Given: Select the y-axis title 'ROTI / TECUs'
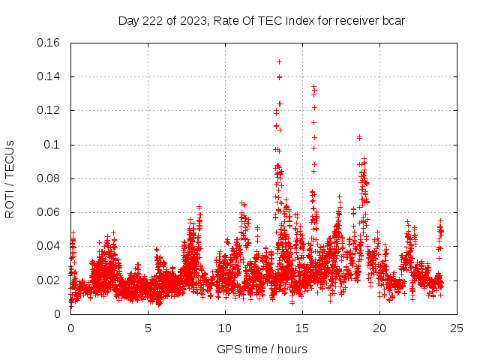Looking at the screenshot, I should pos(10,178).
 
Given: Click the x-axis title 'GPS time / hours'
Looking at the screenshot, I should pos(262,349).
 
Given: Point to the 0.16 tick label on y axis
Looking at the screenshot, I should pos(49,43).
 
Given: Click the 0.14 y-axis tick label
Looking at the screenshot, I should pos(49,76).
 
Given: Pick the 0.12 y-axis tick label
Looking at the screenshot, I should pos(49,110).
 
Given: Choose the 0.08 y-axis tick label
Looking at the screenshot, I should pos(49,178).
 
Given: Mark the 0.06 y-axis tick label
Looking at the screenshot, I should pos(49,212).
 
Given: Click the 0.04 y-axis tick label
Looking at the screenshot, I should pos(49,246).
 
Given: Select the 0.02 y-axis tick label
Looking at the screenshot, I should pos(49,280).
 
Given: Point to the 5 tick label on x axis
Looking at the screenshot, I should pos(148,328).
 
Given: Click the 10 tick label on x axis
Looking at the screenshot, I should pos(225,328).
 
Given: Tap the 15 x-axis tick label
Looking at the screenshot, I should pos(302,328).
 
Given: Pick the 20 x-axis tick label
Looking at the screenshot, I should pos(379,328).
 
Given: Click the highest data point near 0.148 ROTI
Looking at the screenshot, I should pos(279,61).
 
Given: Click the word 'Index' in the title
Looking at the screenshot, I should pos(296,20).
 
